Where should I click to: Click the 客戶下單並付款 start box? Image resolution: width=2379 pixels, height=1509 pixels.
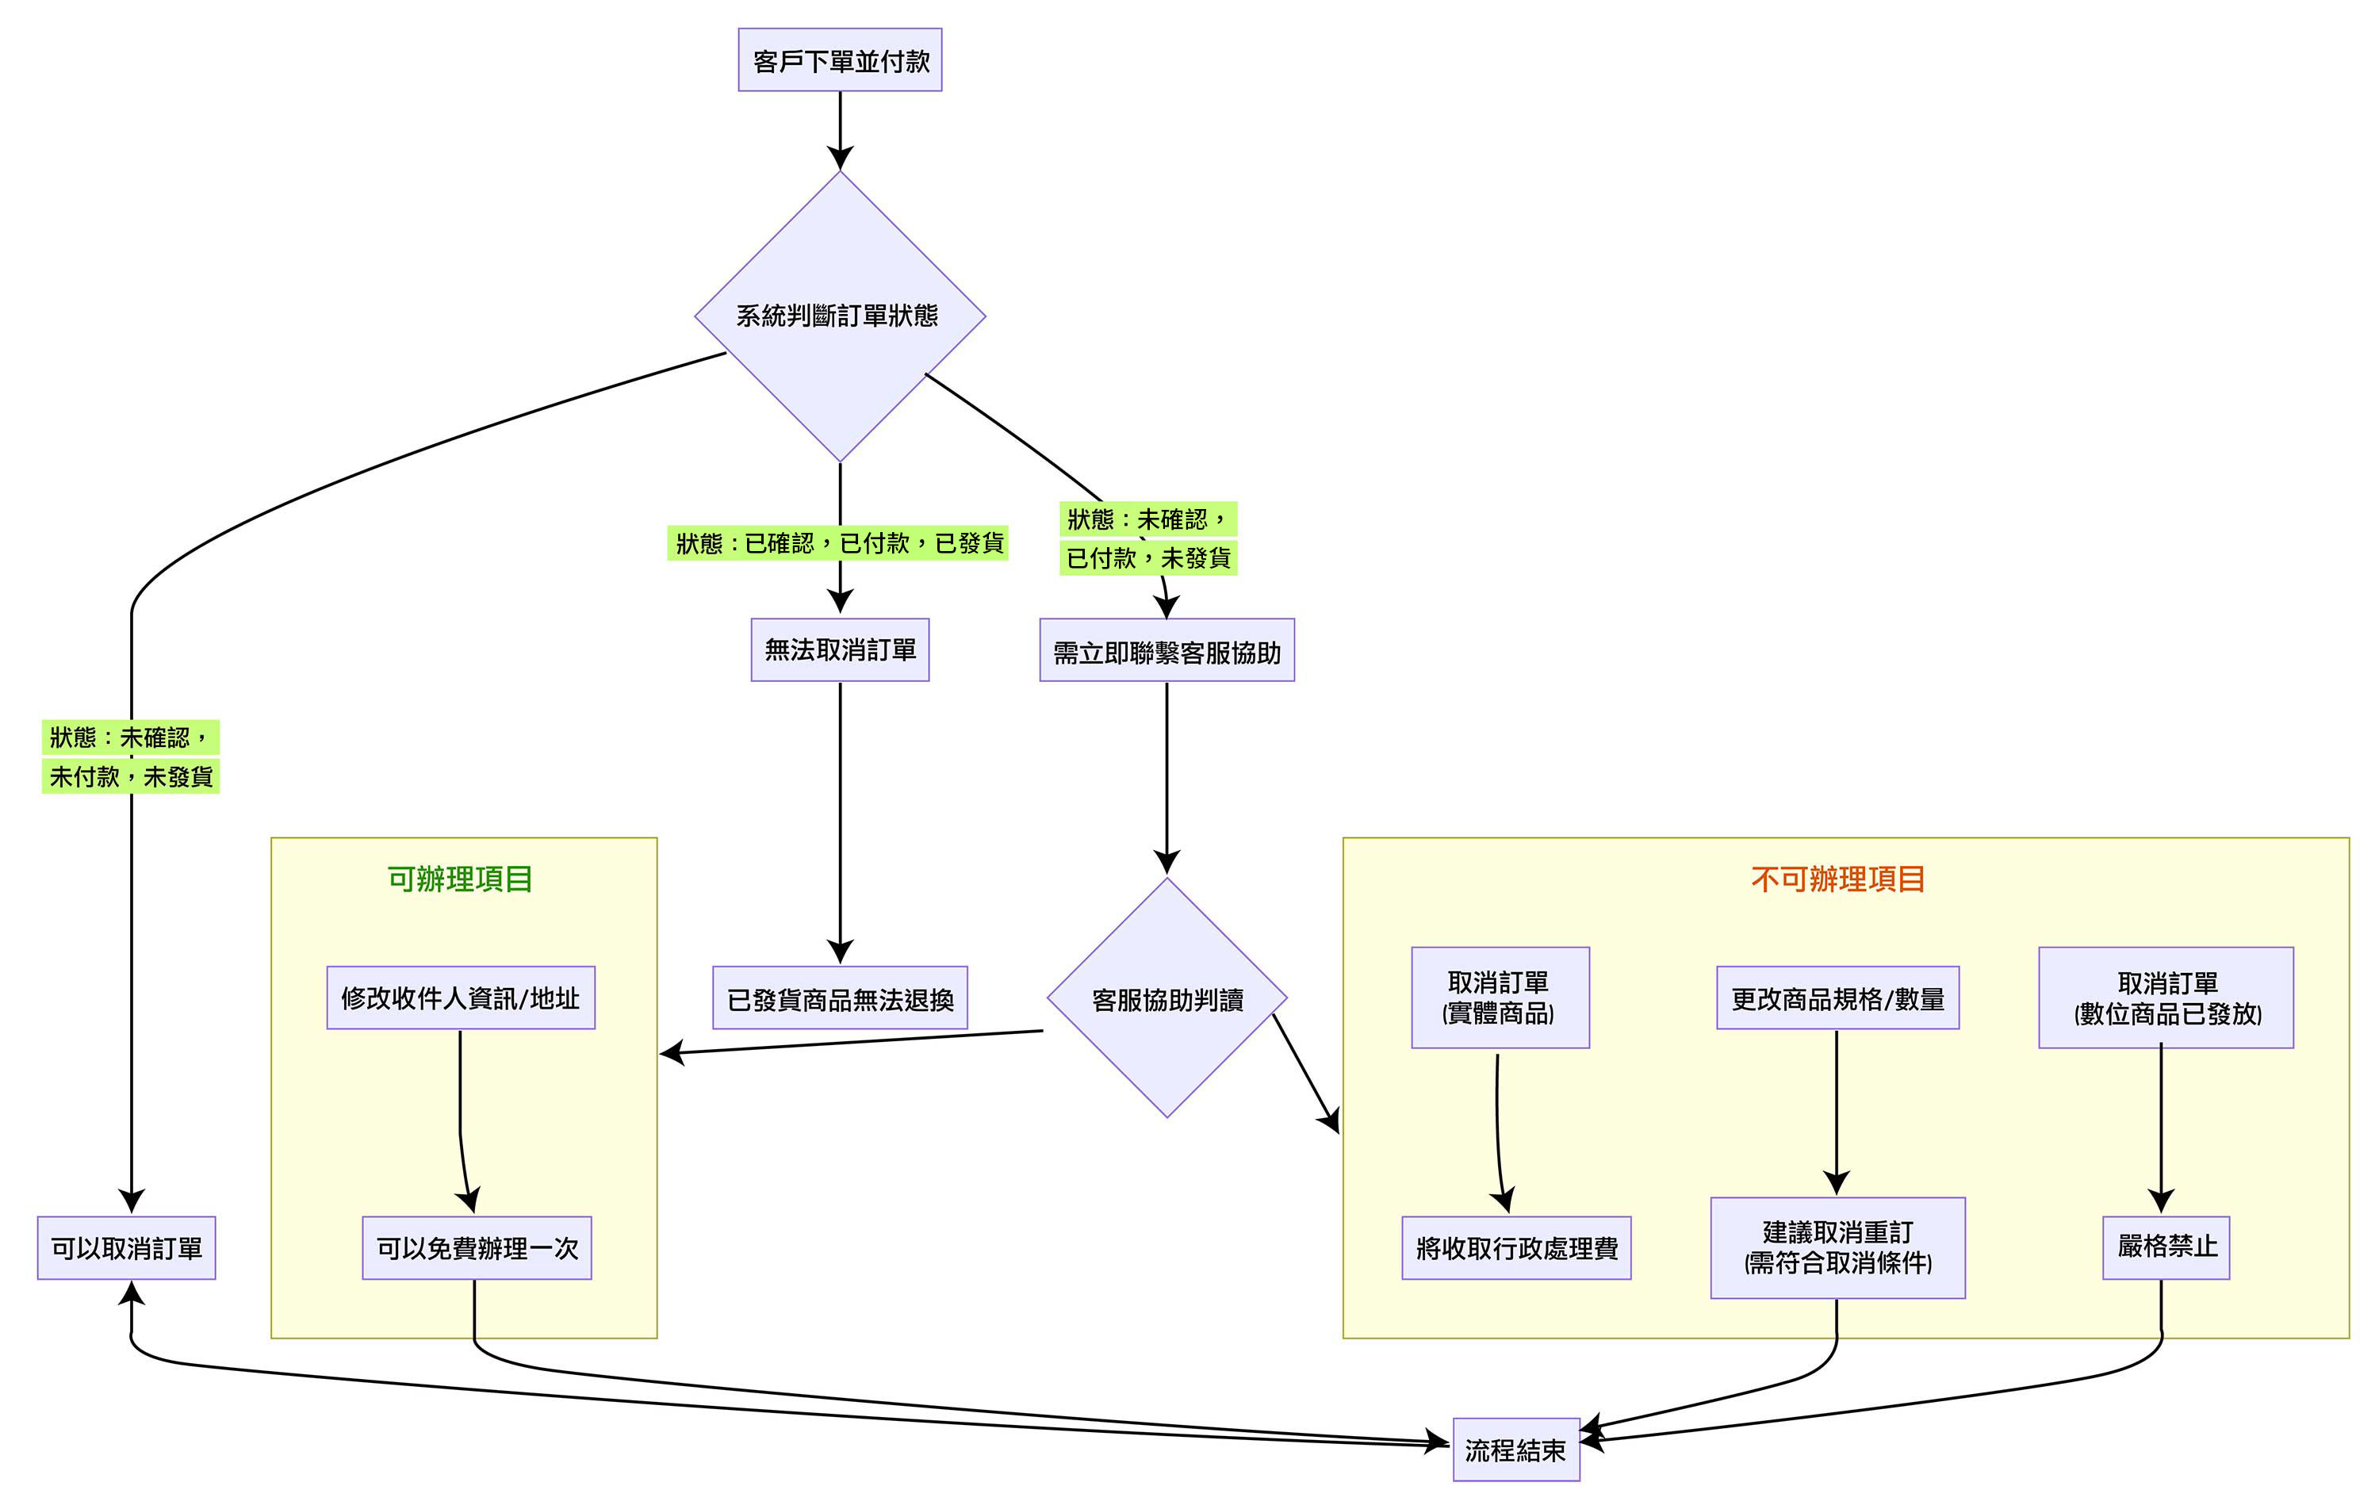point(840,60)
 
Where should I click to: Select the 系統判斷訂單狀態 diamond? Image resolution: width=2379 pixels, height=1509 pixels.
point(840,316)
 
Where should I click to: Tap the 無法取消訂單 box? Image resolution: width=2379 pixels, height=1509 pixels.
point(840,649)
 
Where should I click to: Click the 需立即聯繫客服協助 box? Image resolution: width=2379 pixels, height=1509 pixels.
point(1167,650)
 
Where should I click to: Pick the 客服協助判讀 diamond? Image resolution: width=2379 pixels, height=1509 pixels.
point(1167,998)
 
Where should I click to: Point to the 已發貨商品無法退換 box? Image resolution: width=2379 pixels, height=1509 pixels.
point(840,998)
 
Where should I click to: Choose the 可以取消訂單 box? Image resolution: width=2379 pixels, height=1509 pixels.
point(126,1248)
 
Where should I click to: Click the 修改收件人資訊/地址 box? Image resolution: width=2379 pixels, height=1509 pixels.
point(461,998)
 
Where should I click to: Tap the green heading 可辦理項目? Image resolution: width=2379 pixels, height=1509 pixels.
point(461,879)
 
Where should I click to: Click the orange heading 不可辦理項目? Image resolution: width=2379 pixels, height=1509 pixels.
point(1837,879)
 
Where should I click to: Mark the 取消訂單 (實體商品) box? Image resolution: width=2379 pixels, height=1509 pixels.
point(1500,997)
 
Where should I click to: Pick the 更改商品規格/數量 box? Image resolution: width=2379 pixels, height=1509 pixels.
point(1837,998)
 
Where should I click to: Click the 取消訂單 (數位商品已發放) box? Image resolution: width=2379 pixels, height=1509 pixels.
point(2166,997)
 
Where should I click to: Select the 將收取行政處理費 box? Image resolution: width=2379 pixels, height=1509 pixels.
point(1516,1248)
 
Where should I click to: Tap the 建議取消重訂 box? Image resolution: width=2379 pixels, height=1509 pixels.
point(1837,1247)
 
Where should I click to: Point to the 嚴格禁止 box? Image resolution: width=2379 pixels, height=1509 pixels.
point(2166,1247)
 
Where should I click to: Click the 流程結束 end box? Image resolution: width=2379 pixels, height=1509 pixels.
point(1515,1450)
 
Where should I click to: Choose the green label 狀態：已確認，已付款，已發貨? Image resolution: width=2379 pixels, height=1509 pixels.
point(837,542)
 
